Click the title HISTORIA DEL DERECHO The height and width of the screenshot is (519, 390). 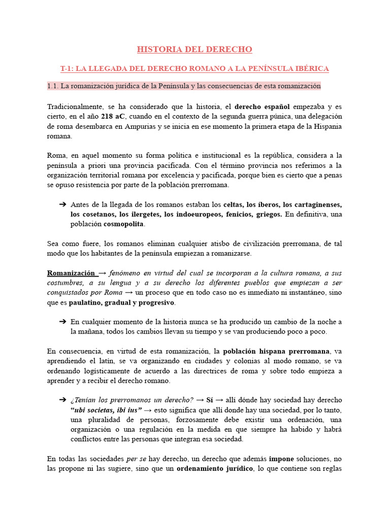click(x=194, y=49)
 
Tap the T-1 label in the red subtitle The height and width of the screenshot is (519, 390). click(x=67, y=68)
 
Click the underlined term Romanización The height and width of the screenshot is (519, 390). click(x=71, y=273)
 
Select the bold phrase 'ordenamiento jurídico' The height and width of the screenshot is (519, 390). click(x=214, y=468)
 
